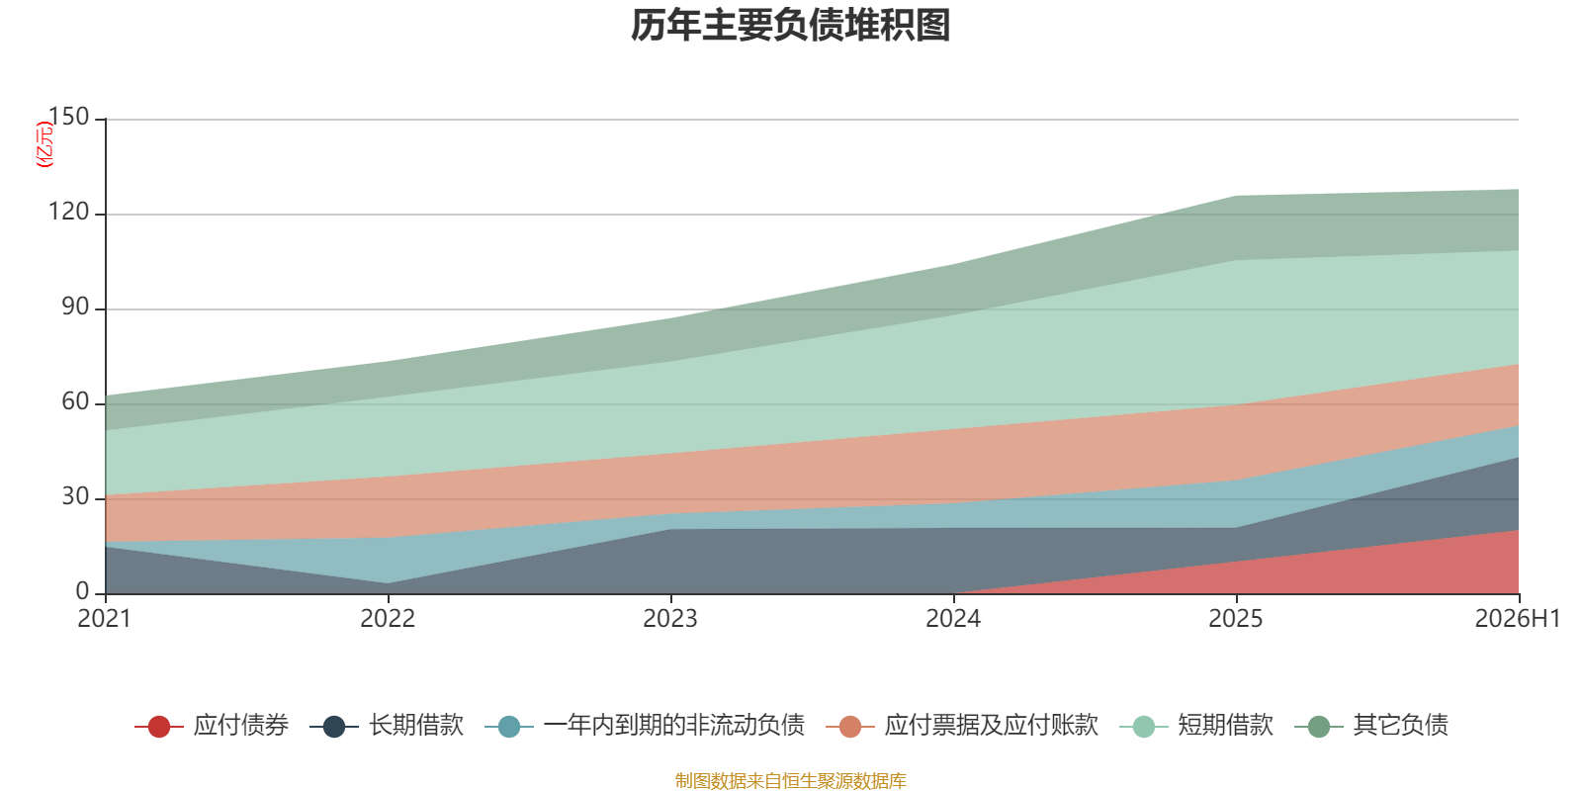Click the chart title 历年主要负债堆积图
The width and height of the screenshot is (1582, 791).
click(790, 26)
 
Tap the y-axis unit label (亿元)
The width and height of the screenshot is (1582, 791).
click(44, 144)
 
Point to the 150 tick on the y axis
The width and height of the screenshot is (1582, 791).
click(68, 117)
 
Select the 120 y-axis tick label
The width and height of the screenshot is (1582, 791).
click(68, 212)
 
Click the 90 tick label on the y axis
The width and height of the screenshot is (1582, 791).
click(75, 307)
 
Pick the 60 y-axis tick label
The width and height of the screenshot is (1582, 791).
click(75, 401)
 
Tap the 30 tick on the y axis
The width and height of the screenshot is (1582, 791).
click(75, 496)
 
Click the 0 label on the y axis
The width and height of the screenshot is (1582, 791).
click(83, 591)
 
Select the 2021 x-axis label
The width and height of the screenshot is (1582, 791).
click(105, 619)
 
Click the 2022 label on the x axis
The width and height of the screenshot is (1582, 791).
click(388, 619)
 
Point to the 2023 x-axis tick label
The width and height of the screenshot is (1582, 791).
click(670, 619)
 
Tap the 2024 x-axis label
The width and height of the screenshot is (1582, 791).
click(953, 619)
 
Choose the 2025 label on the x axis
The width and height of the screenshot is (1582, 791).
click(1236, 619)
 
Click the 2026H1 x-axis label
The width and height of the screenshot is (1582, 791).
click(1518, 619)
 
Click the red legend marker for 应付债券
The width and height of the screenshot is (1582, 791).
click(159, 726)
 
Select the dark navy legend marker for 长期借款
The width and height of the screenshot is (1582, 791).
click(334, 726)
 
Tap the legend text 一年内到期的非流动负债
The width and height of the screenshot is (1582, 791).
click(674, 726)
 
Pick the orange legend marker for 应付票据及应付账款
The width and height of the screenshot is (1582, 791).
click(850, 726)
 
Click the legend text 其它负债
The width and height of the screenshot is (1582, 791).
click(1400, 726)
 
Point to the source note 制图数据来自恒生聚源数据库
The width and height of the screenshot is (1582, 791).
click(790, 780)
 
